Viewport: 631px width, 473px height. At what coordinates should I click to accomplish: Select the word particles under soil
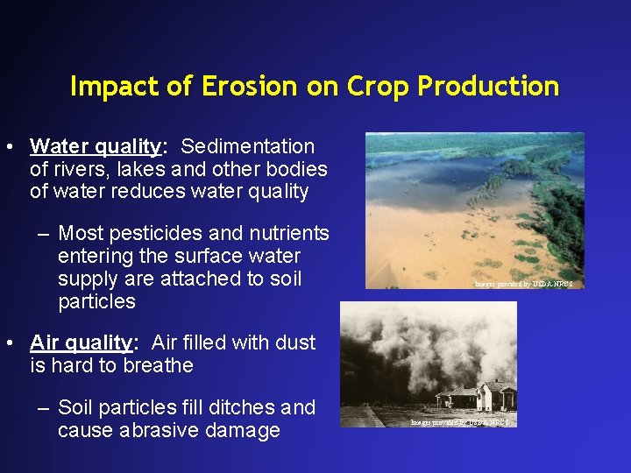pos(96,302)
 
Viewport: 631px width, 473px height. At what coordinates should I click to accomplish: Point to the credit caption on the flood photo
pos(528,284)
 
